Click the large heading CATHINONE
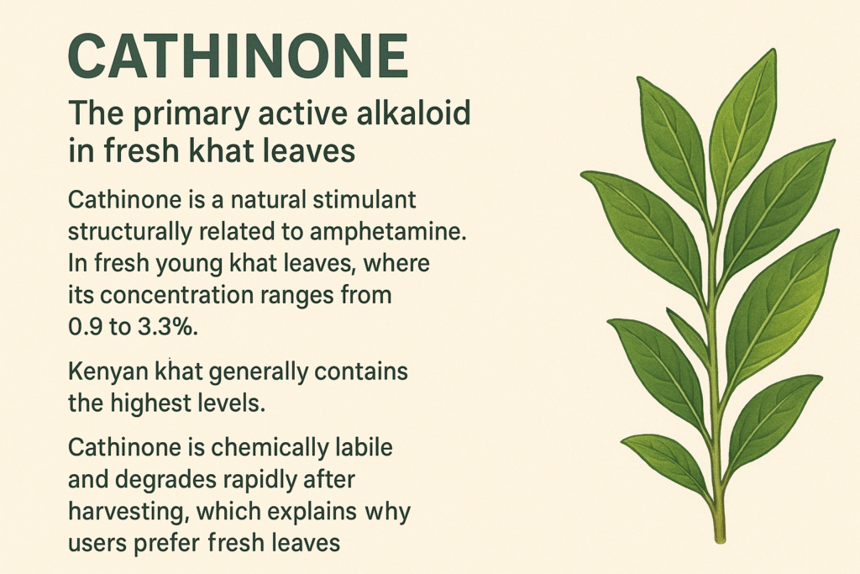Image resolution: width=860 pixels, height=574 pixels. [238, 56]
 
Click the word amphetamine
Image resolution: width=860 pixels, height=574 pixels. [388, 232]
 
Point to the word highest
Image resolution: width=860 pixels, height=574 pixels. [146, 404]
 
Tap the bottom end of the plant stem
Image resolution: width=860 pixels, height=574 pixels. [721, 540]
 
